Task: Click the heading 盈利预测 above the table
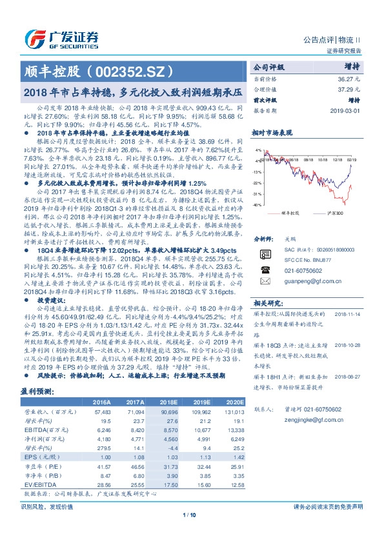[39, 391]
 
